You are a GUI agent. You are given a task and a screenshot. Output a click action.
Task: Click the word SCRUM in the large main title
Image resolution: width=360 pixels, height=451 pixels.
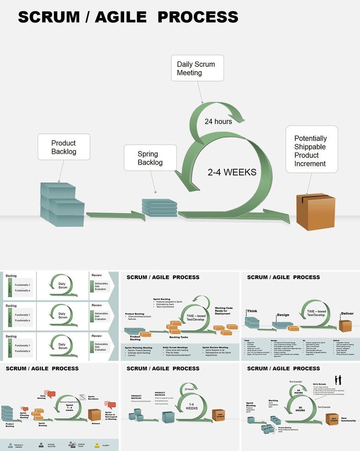tap(49, 17)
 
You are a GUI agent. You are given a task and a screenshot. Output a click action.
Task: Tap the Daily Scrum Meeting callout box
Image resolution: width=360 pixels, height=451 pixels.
tap(197, 68)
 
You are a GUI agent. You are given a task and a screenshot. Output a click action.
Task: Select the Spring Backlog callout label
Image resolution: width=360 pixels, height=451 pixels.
tap(150, 158)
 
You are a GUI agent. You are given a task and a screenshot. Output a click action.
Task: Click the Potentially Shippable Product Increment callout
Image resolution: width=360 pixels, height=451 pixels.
tap(311, 150)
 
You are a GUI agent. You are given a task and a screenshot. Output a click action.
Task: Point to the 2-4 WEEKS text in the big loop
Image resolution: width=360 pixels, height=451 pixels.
tap(232, 172)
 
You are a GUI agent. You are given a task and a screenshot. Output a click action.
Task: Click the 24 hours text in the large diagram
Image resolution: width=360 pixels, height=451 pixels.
tap(218, 122)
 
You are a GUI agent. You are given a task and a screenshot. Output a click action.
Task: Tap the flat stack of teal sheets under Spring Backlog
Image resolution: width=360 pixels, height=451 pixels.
tap(159, 208)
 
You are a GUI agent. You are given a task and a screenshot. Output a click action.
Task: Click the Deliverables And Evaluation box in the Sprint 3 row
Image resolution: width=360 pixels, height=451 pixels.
tap(101, 347)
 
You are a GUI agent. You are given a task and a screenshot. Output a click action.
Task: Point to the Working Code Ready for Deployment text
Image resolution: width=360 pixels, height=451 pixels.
tap(224, 311)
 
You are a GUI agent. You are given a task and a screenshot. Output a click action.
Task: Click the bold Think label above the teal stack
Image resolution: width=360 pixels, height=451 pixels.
tap(252, 311)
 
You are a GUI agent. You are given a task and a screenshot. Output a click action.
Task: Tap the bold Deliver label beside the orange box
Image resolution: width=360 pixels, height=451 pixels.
tap(347, 314)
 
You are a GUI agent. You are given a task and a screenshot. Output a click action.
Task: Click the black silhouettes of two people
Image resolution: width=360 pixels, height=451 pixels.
tap(338, 380)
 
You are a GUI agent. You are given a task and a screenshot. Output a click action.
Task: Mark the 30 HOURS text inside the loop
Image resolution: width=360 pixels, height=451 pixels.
tap(300, 409)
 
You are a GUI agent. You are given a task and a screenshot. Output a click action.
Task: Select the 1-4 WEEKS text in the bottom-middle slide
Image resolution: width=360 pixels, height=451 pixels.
tap(192, 406)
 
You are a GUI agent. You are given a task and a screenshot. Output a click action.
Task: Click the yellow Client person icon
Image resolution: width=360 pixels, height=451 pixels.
tap(97, 445)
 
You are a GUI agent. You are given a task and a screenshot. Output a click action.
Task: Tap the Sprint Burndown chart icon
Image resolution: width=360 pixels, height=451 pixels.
tap(83, 397)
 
